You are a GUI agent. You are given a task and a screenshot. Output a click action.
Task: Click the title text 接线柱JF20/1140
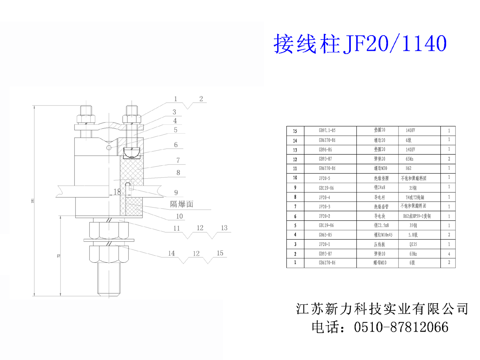coord(359,44)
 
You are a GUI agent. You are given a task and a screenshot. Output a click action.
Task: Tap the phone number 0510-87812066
coord(402,327)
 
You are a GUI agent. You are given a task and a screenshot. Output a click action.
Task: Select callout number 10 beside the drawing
coord(180,216)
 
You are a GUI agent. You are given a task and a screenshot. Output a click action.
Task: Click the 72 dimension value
coord(58,256)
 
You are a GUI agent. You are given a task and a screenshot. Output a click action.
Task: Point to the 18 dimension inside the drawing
coord(117,192)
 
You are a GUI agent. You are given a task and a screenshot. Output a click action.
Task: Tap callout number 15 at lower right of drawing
coord(220,253)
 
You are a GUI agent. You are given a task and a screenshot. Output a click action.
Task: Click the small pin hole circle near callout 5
coord(108,148)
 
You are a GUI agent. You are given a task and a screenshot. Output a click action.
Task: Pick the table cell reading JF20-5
coord(325,178)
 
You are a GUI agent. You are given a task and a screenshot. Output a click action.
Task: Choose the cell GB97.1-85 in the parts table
coord(327,131)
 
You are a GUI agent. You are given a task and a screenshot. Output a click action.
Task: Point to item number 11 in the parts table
coord(295,168)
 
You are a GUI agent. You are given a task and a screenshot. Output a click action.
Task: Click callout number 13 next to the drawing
coord(224,228)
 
